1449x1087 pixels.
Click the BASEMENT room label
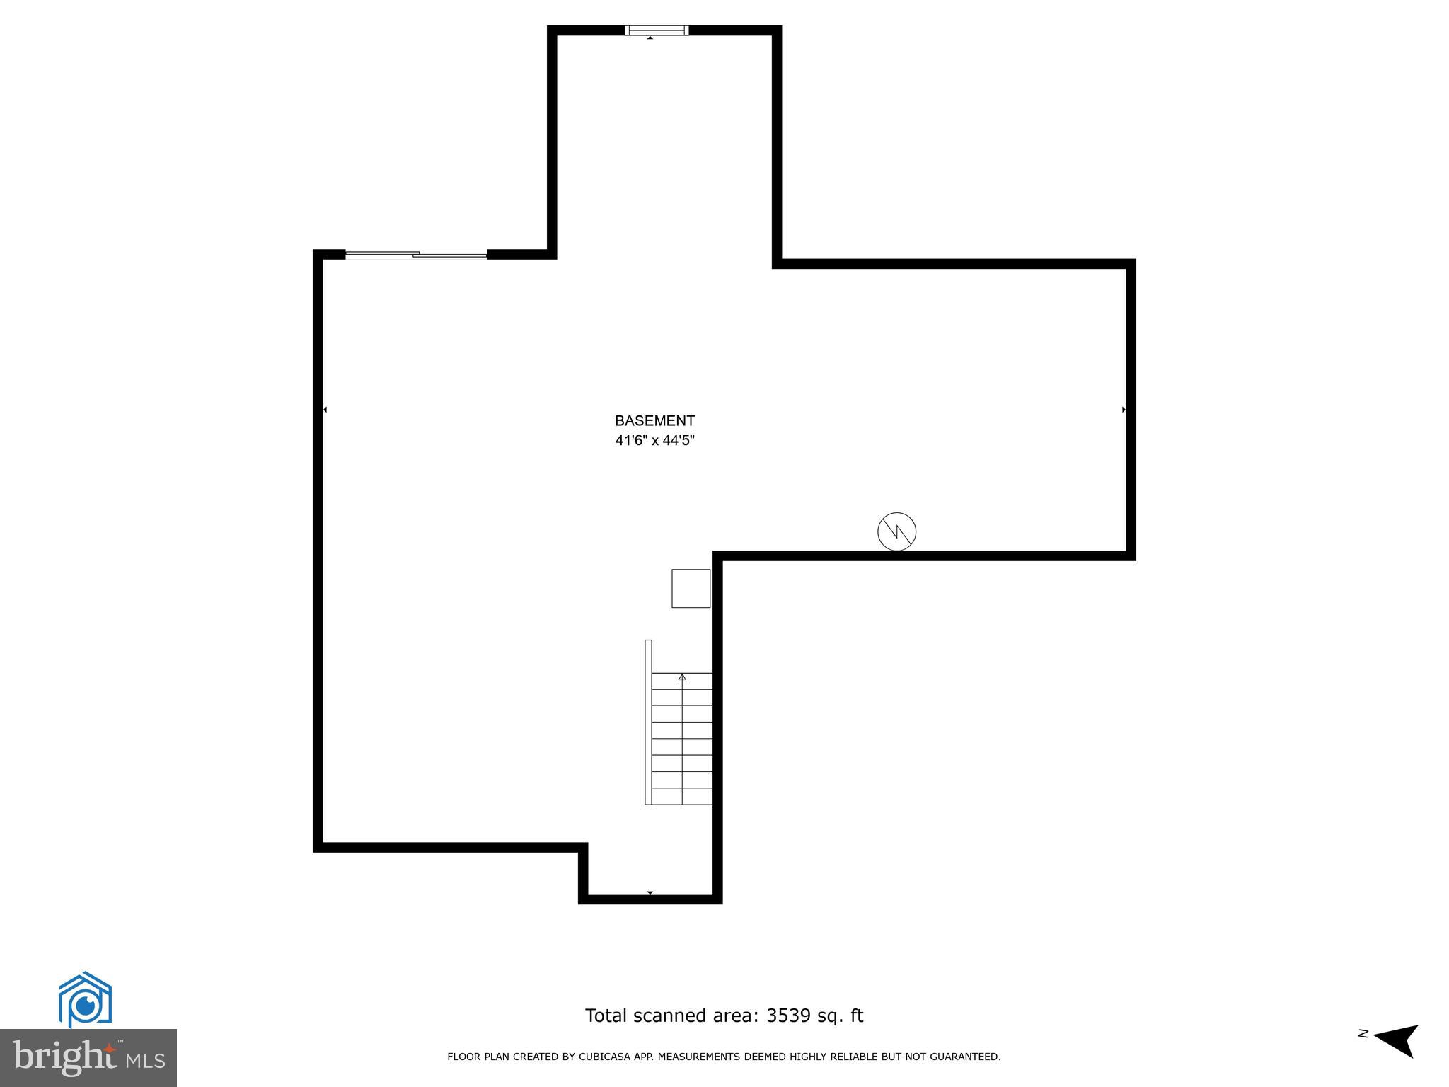pos(654,421)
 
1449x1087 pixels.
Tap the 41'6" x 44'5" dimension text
pos(654,441)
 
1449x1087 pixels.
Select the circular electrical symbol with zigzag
pos(896,531)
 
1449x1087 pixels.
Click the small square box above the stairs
pos(691,588)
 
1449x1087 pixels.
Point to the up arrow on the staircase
pos(682,678)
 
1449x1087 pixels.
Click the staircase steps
pos(681,740)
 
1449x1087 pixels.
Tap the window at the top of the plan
pos(657,30)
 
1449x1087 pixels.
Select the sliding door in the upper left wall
pos(416,254)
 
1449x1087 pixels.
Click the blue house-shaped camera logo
pos(85,999)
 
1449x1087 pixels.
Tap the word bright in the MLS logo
pos(64,1057)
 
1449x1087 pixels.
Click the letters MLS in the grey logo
pos(145,1061)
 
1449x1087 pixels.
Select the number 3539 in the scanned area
pos(789,1016)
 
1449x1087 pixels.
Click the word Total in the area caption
pos(606,1016)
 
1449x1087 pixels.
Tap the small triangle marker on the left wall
pos(325,410)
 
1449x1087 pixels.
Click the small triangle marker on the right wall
pos(1124,410)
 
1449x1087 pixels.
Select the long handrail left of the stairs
pos(648,722)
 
